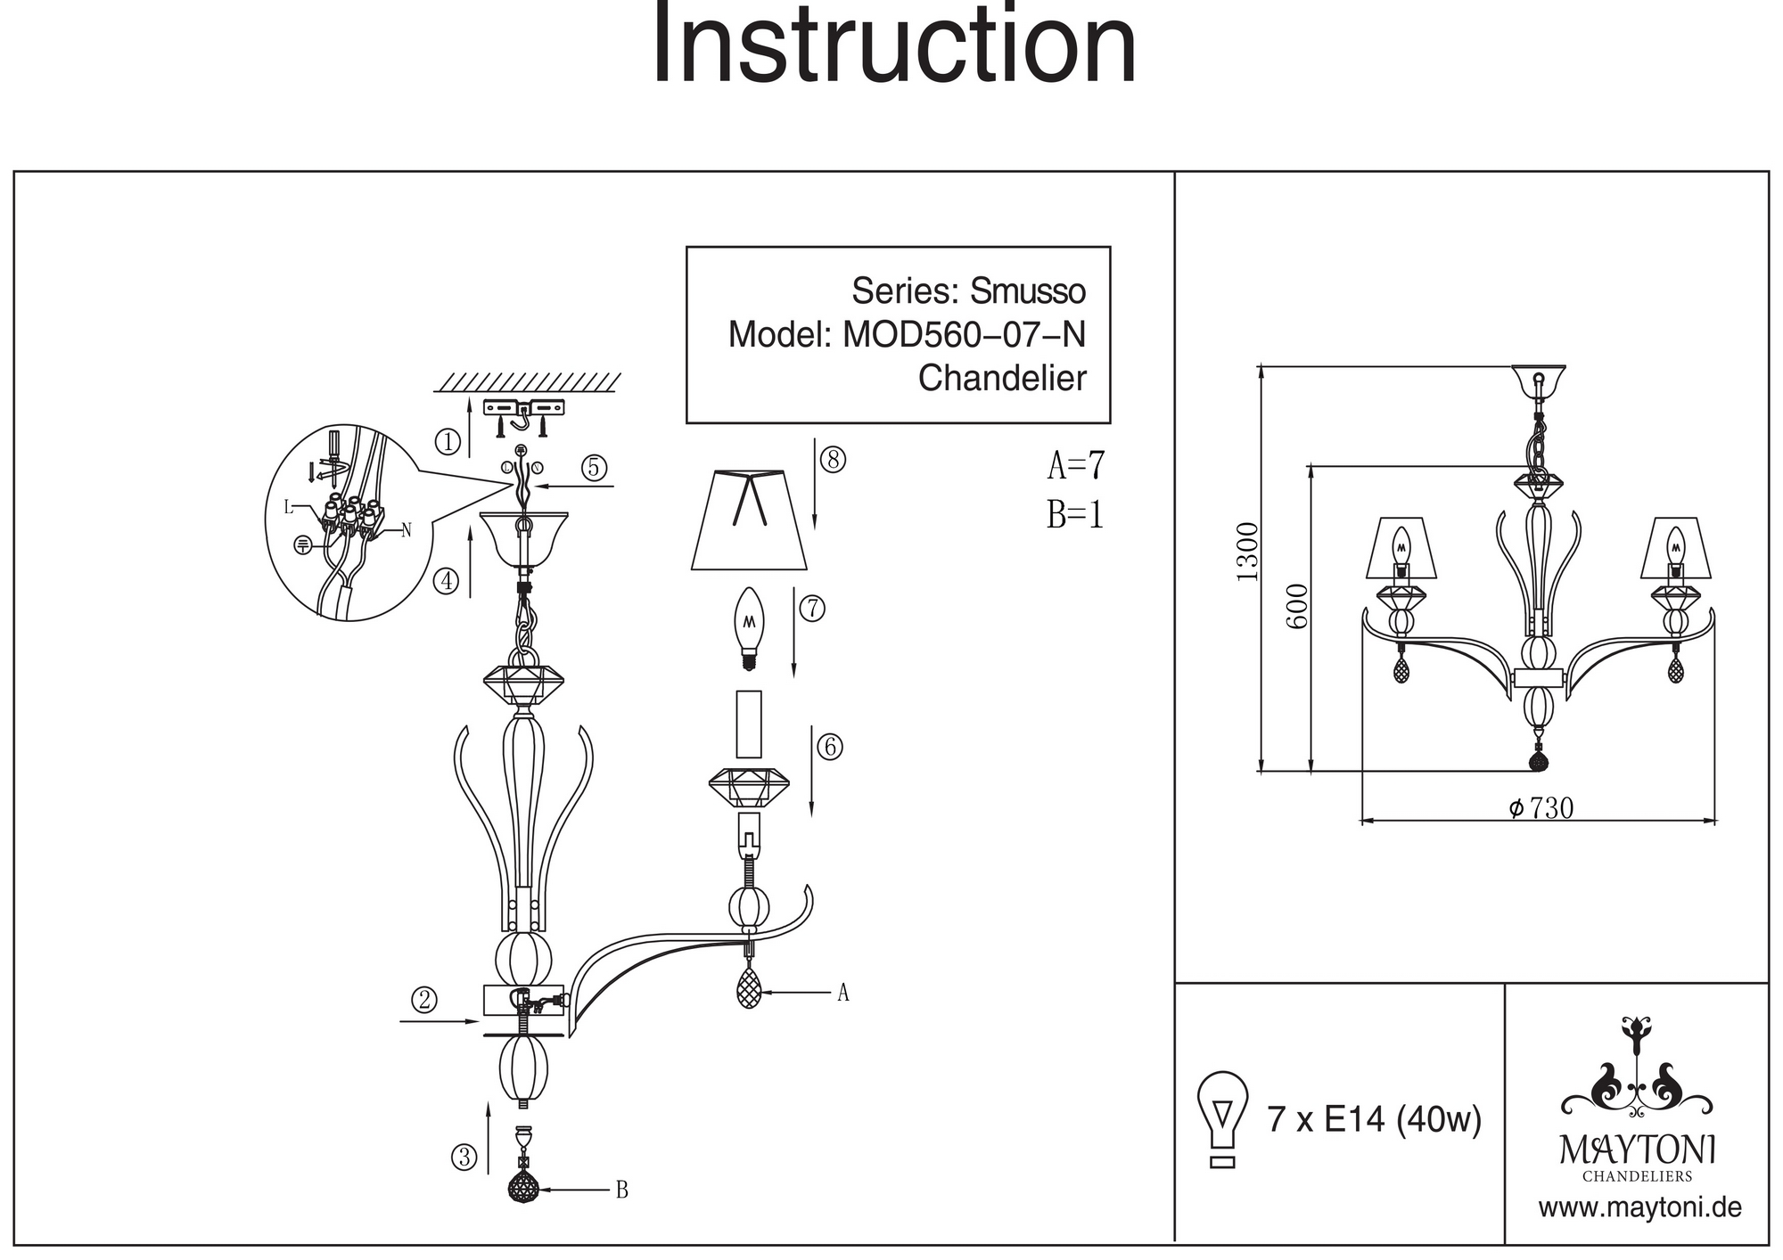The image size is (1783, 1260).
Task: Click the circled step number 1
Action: click(x=448, y=441)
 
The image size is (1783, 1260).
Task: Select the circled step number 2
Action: click(x=424, y=1000)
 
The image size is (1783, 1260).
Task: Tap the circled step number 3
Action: click(x=464, y=1158)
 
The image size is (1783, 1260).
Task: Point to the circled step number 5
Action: click(x=595, y=468)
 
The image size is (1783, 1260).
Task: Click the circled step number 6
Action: click(x=830, y=747)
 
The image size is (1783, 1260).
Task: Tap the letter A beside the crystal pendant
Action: click(x=842, y=993)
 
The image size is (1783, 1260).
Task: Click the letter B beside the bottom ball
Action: click(x=622, y=1190)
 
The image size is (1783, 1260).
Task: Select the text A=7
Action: click(x=1076, y=465)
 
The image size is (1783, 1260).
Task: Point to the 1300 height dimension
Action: click(x=1247, y=552)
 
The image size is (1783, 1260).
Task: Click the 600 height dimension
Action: click(x=1298, y=606)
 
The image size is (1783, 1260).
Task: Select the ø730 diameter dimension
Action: click(x=1541, y=808)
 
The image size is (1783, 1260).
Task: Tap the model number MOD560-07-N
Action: click(x=964, y=335)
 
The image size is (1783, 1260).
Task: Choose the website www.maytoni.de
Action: click(x=1639, y=1207)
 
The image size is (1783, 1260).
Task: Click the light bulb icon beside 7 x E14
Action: click(x=1222, y=1118)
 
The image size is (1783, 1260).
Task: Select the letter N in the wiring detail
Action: click(x=407, y=530)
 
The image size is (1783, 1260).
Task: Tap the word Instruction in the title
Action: click(x=894, y=45)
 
